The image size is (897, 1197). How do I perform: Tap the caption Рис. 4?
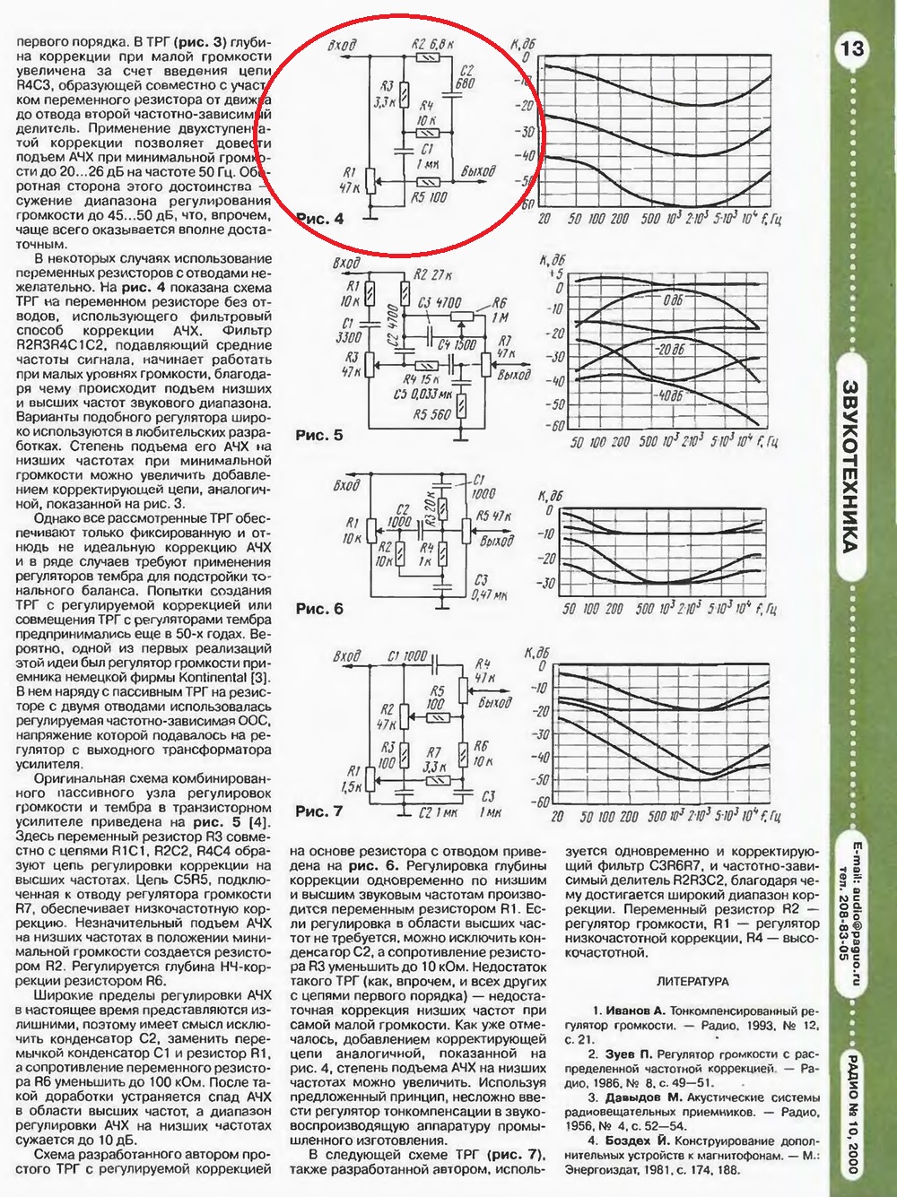click(319, 218)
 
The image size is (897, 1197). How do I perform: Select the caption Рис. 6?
click(319, 609)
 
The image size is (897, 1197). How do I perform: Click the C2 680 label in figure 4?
click(465, 77)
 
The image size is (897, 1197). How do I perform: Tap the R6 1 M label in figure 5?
click(499, 310)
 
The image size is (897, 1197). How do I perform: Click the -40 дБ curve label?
click(668, 395)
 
